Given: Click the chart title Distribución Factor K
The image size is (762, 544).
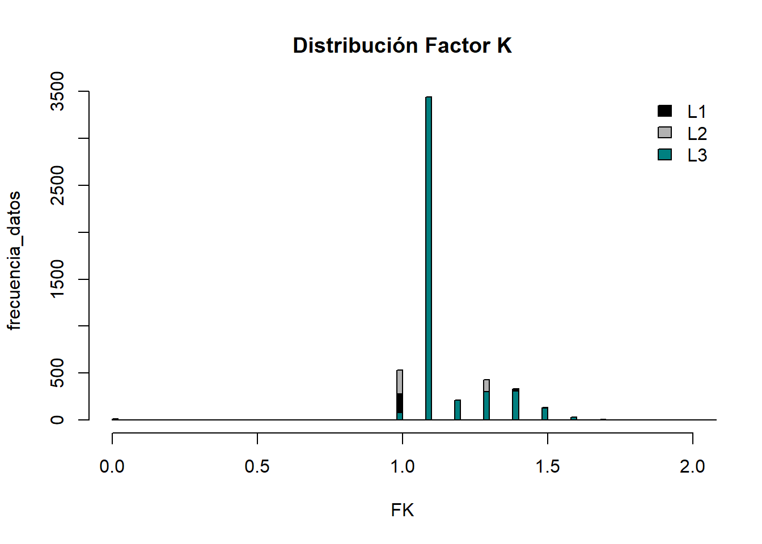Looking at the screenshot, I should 402,45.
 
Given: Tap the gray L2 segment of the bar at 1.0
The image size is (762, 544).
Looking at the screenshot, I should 400,381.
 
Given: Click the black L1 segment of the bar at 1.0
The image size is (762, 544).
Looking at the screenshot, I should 400,403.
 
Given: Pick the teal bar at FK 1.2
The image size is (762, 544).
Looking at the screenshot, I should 458,410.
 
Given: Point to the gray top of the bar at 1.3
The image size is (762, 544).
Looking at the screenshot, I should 486,385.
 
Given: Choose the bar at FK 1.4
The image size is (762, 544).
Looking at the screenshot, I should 515,405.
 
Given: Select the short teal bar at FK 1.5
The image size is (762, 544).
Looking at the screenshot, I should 545,414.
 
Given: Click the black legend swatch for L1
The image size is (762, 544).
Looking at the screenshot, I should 664,111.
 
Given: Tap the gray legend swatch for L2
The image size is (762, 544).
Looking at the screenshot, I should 664,133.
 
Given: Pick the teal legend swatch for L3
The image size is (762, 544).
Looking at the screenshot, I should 664,155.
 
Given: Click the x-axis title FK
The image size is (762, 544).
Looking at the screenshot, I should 402,511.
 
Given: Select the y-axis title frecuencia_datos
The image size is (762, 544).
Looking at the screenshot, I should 14,260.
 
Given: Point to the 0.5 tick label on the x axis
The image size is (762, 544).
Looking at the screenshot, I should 257,467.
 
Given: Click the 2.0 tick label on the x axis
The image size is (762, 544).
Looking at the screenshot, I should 692,467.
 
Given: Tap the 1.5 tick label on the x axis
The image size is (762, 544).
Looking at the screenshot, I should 547,467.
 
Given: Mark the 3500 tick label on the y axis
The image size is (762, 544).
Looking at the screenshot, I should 57,91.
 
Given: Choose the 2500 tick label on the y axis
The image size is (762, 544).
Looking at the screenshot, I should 57,185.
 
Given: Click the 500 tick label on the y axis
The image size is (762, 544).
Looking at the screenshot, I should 57,373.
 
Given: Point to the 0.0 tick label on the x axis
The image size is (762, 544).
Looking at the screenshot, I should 112,467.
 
